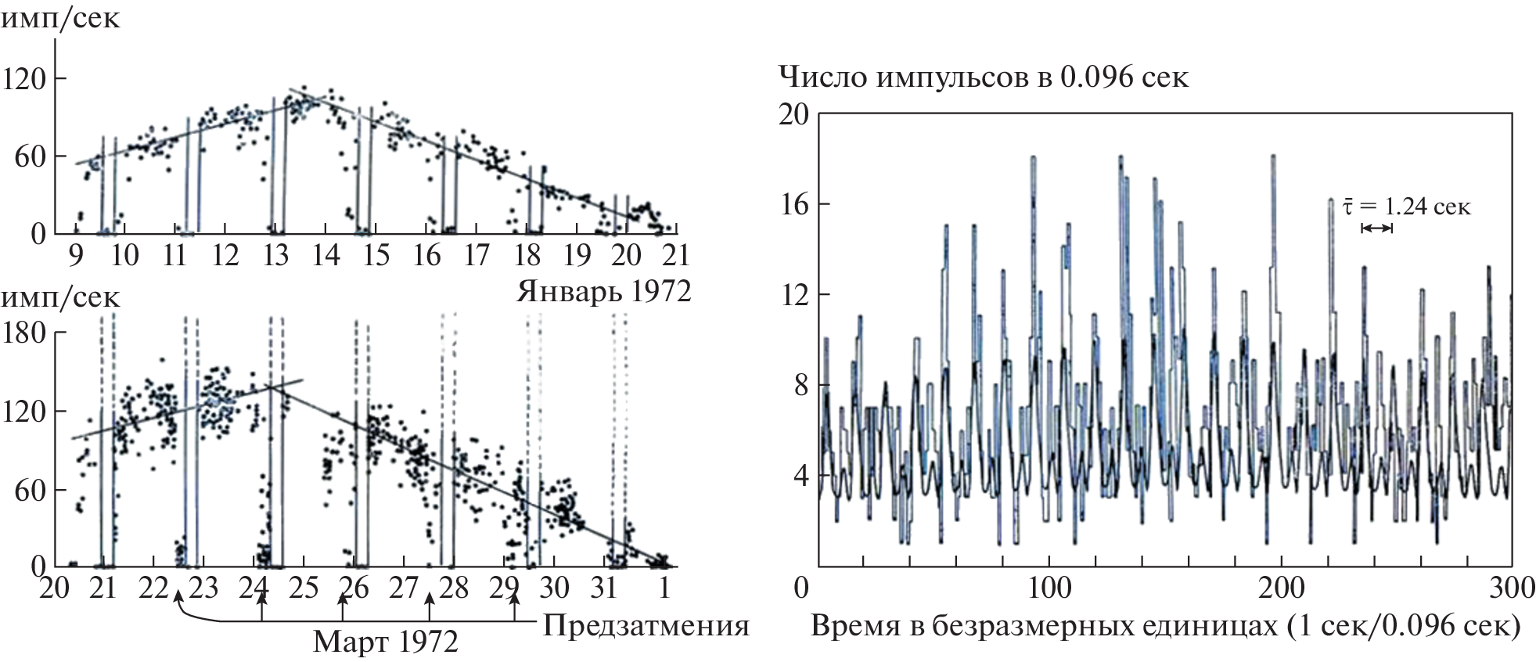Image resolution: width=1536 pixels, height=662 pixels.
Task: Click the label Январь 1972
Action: coord(603,291)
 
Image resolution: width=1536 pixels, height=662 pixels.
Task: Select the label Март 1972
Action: coord(385,642)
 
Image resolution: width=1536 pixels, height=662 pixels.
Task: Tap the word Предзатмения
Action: coord(646,626)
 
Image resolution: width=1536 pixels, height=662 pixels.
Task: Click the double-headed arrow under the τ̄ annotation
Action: coord(1377,228)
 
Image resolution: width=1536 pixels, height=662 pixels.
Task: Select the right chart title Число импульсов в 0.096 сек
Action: coord(983,77)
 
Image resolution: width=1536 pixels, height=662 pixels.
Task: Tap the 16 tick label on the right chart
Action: coord(793,205)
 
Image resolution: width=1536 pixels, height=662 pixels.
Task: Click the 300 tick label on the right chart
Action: coord(1511,588)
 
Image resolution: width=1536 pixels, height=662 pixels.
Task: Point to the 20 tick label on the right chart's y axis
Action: coord(793,115)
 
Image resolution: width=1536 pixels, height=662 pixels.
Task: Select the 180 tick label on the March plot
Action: coord(25,333)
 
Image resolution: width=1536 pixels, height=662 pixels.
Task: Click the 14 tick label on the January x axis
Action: coord(326,255)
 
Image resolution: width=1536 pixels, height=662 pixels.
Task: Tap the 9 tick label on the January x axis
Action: coord(75,255)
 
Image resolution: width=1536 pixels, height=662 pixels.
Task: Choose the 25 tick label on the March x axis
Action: coord(304,588)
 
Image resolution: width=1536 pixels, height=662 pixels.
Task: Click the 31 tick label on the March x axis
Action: coord(603,588)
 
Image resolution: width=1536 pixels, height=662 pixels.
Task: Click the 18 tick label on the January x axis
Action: coord(528,255)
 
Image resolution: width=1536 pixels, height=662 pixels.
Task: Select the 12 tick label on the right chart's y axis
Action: coord(793,295)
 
